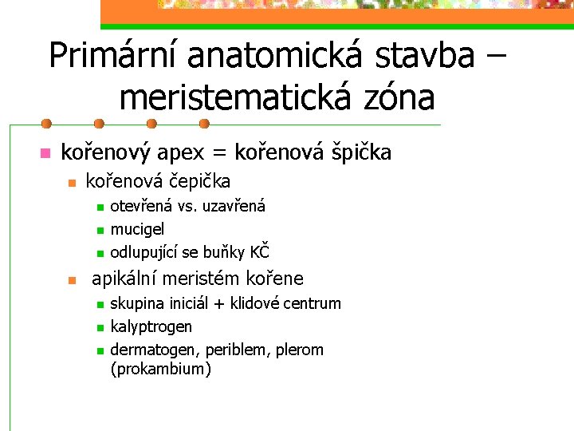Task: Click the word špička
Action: pyautogui.click(x=357, y=152)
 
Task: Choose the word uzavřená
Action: pyautogui.click(x=234, y=206)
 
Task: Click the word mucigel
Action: pyautogui.click(x=137, y=230)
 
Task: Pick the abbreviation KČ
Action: pyautogui.click(x=260, y=252)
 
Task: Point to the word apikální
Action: pyautogui.click(x=128, y=279)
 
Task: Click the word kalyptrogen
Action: pyautogui.click(x=151, y=326)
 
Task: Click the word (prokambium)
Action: pyautogui.click(x=161, y=369)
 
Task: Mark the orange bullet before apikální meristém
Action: pyautogui.click(x=72, y=280)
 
